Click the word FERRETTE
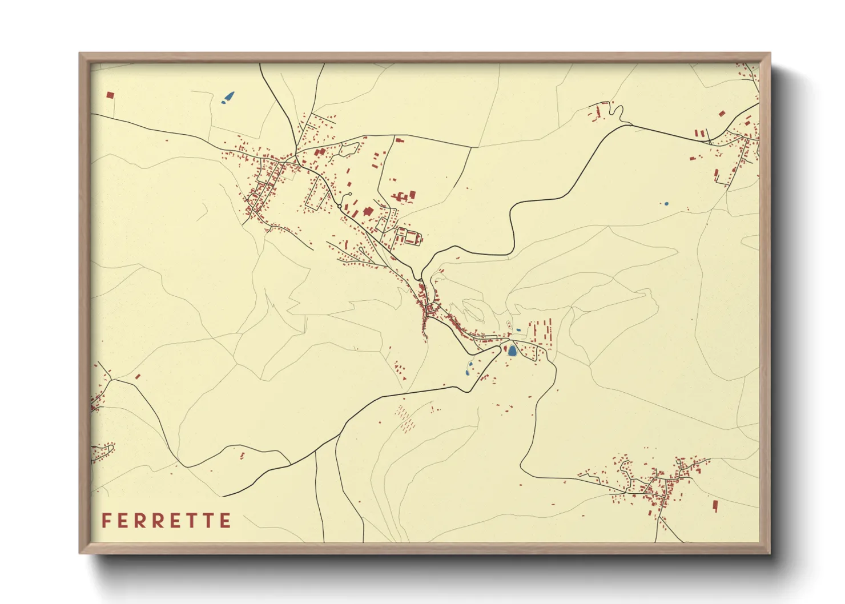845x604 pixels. [x=166, y=521]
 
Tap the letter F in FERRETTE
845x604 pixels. [x=106, y=521]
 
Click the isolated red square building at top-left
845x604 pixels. [x=110, y=95]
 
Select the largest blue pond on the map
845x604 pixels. [x=512, y=351]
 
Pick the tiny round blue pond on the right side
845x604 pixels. [x=666, y=203]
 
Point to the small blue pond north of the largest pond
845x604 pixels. [x=518, y=330]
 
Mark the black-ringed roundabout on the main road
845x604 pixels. [x=339, y=206]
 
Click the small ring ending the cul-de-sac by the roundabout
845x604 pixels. [x=349, y=195]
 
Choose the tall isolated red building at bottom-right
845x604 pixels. [x=715, y=506]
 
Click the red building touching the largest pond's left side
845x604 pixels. [x=505, y=349]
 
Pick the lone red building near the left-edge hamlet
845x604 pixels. [x=137, y=376]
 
